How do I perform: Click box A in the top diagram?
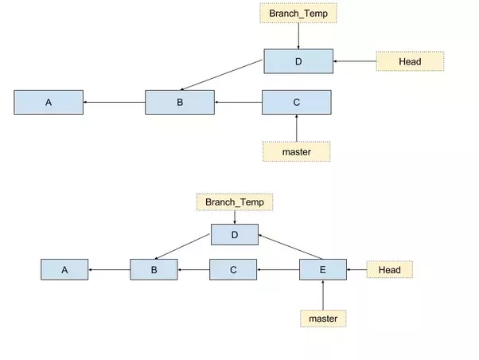coord(49,102)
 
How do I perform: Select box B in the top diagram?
coord(180,102)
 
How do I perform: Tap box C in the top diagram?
coord(297,102)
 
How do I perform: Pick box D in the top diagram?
coord(298,61)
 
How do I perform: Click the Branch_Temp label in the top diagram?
coord(298,14)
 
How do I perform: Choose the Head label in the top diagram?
coord(410,61)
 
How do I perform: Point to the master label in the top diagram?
coord(296,151)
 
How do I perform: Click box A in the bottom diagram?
coord(64,270)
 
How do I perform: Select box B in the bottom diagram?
coord(154,270)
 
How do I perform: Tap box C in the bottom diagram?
coord(233,270)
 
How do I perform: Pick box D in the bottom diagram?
coord(235,234)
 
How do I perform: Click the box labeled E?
coord(322,270)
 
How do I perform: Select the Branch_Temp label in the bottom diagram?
coord(235,202)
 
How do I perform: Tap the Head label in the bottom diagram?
coord(389,270)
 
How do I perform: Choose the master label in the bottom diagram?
coord(322,319)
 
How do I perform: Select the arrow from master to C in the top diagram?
coord(296,127)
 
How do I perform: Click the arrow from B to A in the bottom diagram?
coord(109,270)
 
